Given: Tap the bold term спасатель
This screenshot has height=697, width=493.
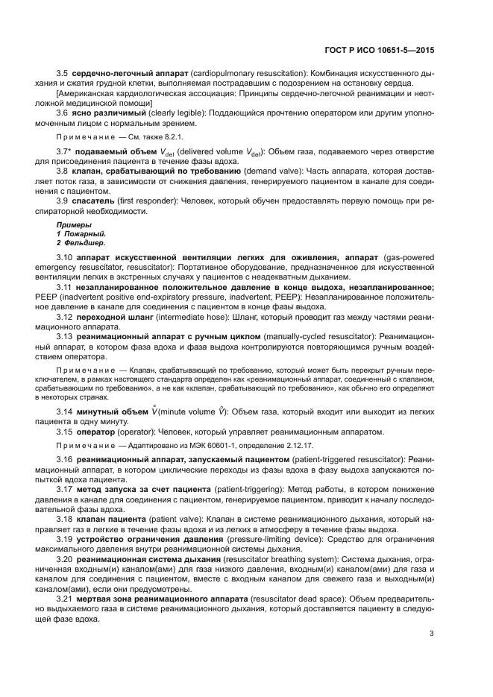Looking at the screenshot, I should [x=93, y=201].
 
